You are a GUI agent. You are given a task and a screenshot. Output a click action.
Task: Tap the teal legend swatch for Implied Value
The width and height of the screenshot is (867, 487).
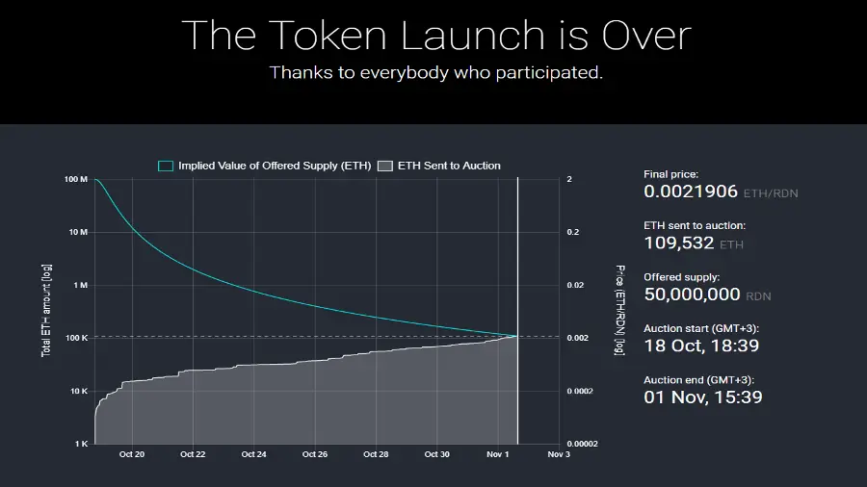pos(166,166)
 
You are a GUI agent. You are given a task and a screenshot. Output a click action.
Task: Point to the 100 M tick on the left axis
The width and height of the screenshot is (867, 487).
pos(77,180)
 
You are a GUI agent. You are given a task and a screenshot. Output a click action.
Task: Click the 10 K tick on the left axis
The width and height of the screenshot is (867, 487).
pos(78,392)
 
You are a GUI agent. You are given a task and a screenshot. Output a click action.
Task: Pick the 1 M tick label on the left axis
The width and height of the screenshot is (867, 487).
pos(81,286)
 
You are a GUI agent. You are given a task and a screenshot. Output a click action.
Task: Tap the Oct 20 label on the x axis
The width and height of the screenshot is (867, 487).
pos(132,454)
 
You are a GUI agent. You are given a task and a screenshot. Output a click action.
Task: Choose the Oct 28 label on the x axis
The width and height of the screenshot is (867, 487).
pos(377,454)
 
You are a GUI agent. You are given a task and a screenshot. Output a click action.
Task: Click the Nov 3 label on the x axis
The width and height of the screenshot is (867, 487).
pos(559,454)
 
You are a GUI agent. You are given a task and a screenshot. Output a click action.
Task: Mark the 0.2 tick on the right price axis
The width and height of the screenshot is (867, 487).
pos(573,233)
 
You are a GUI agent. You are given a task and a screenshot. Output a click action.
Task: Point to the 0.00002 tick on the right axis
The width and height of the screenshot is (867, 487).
pos(582,445)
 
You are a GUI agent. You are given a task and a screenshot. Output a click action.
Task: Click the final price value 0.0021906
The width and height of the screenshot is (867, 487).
pos(691,192)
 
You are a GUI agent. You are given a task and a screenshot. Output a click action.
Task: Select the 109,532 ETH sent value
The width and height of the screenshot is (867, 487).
pos(679,243)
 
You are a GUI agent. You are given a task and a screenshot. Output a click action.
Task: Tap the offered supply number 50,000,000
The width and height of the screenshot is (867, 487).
pos(692,295)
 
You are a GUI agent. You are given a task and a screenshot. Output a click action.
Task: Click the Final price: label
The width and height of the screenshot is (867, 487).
pos(670,174)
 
